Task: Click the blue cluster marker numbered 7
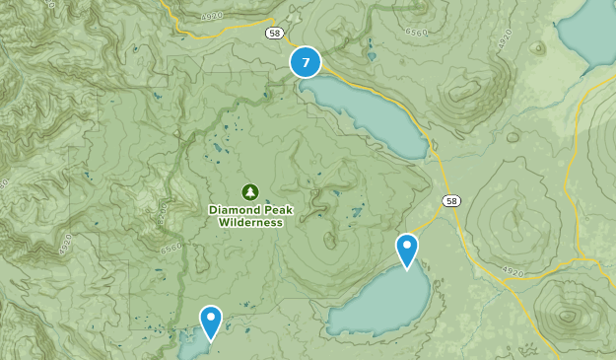coord(306,63)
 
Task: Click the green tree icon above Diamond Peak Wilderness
coord(249,191)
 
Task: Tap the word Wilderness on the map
coord(250,222)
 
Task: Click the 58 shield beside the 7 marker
coord(274,33)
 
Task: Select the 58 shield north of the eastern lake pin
coord(451,201)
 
